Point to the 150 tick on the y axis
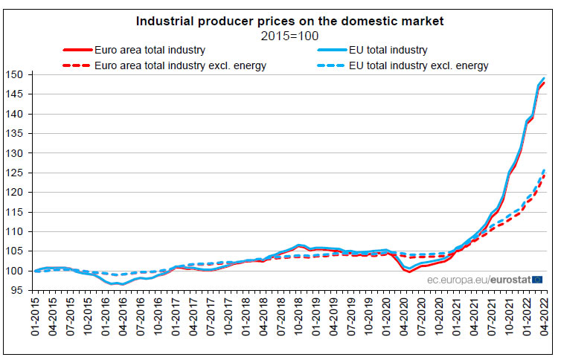click(x=18, y=75)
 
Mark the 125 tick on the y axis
click(x=18, y=173)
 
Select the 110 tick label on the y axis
click(x=18, y=231)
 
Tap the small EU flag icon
click(x=538, y=280)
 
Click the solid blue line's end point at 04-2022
click(x=544, y=78)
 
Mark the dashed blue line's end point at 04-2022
click(x=544, y=170)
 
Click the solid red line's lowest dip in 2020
click(x=409, y=272)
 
